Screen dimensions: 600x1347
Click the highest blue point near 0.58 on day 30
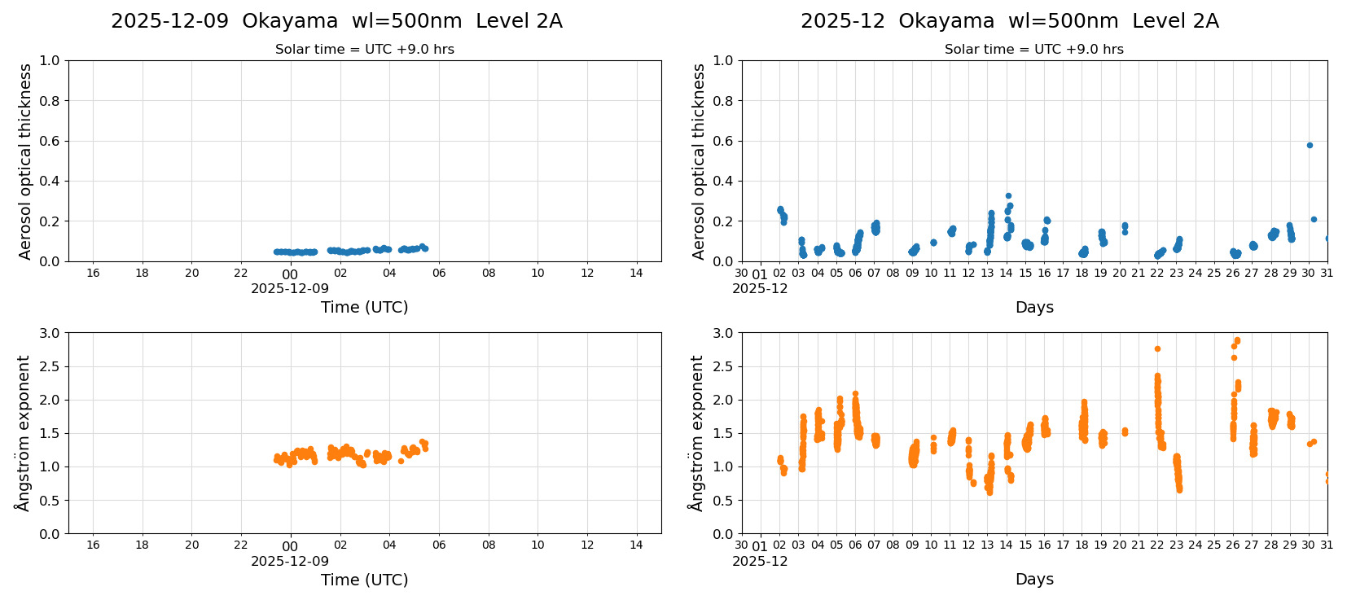(x=1310, y=145)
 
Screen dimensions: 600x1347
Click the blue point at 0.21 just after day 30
(x=1314, y=219)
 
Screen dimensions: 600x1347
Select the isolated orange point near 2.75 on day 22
(x=1157, y=348)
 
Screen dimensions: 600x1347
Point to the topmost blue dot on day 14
(x=1008, y=195)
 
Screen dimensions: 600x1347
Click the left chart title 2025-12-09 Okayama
(x=336, y=21)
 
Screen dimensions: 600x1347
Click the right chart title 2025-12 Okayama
(x=1009, y=21)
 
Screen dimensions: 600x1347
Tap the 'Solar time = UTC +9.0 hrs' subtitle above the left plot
(x=364, y=49)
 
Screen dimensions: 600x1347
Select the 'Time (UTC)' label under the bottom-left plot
(x=364, y=580)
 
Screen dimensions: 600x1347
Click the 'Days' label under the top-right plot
(x=1034, y=307)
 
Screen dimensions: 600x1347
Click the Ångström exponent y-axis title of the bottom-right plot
(x=696, y=433)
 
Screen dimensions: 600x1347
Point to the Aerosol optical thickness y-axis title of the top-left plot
(x=25, y=161)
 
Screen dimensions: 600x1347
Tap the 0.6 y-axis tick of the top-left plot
(x=50, y=141)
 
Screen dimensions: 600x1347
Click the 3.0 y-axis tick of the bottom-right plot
(x=723, y=333)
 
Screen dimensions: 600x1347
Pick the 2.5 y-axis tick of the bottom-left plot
(x=50, y=366)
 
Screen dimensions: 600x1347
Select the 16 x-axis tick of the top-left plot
(x=93, y=273)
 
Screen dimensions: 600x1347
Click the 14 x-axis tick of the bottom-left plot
(x=636, y=545)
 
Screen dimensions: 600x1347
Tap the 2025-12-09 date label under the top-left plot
(x=290, y=288)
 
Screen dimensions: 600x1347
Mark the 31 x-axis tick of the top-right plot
(x=1327, y=273)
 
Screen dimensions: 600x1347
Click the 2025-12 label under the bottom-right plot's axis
(x=760, y=561)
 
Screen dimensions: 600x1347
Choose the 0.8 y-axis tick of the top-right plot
(x=723, y=101)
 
